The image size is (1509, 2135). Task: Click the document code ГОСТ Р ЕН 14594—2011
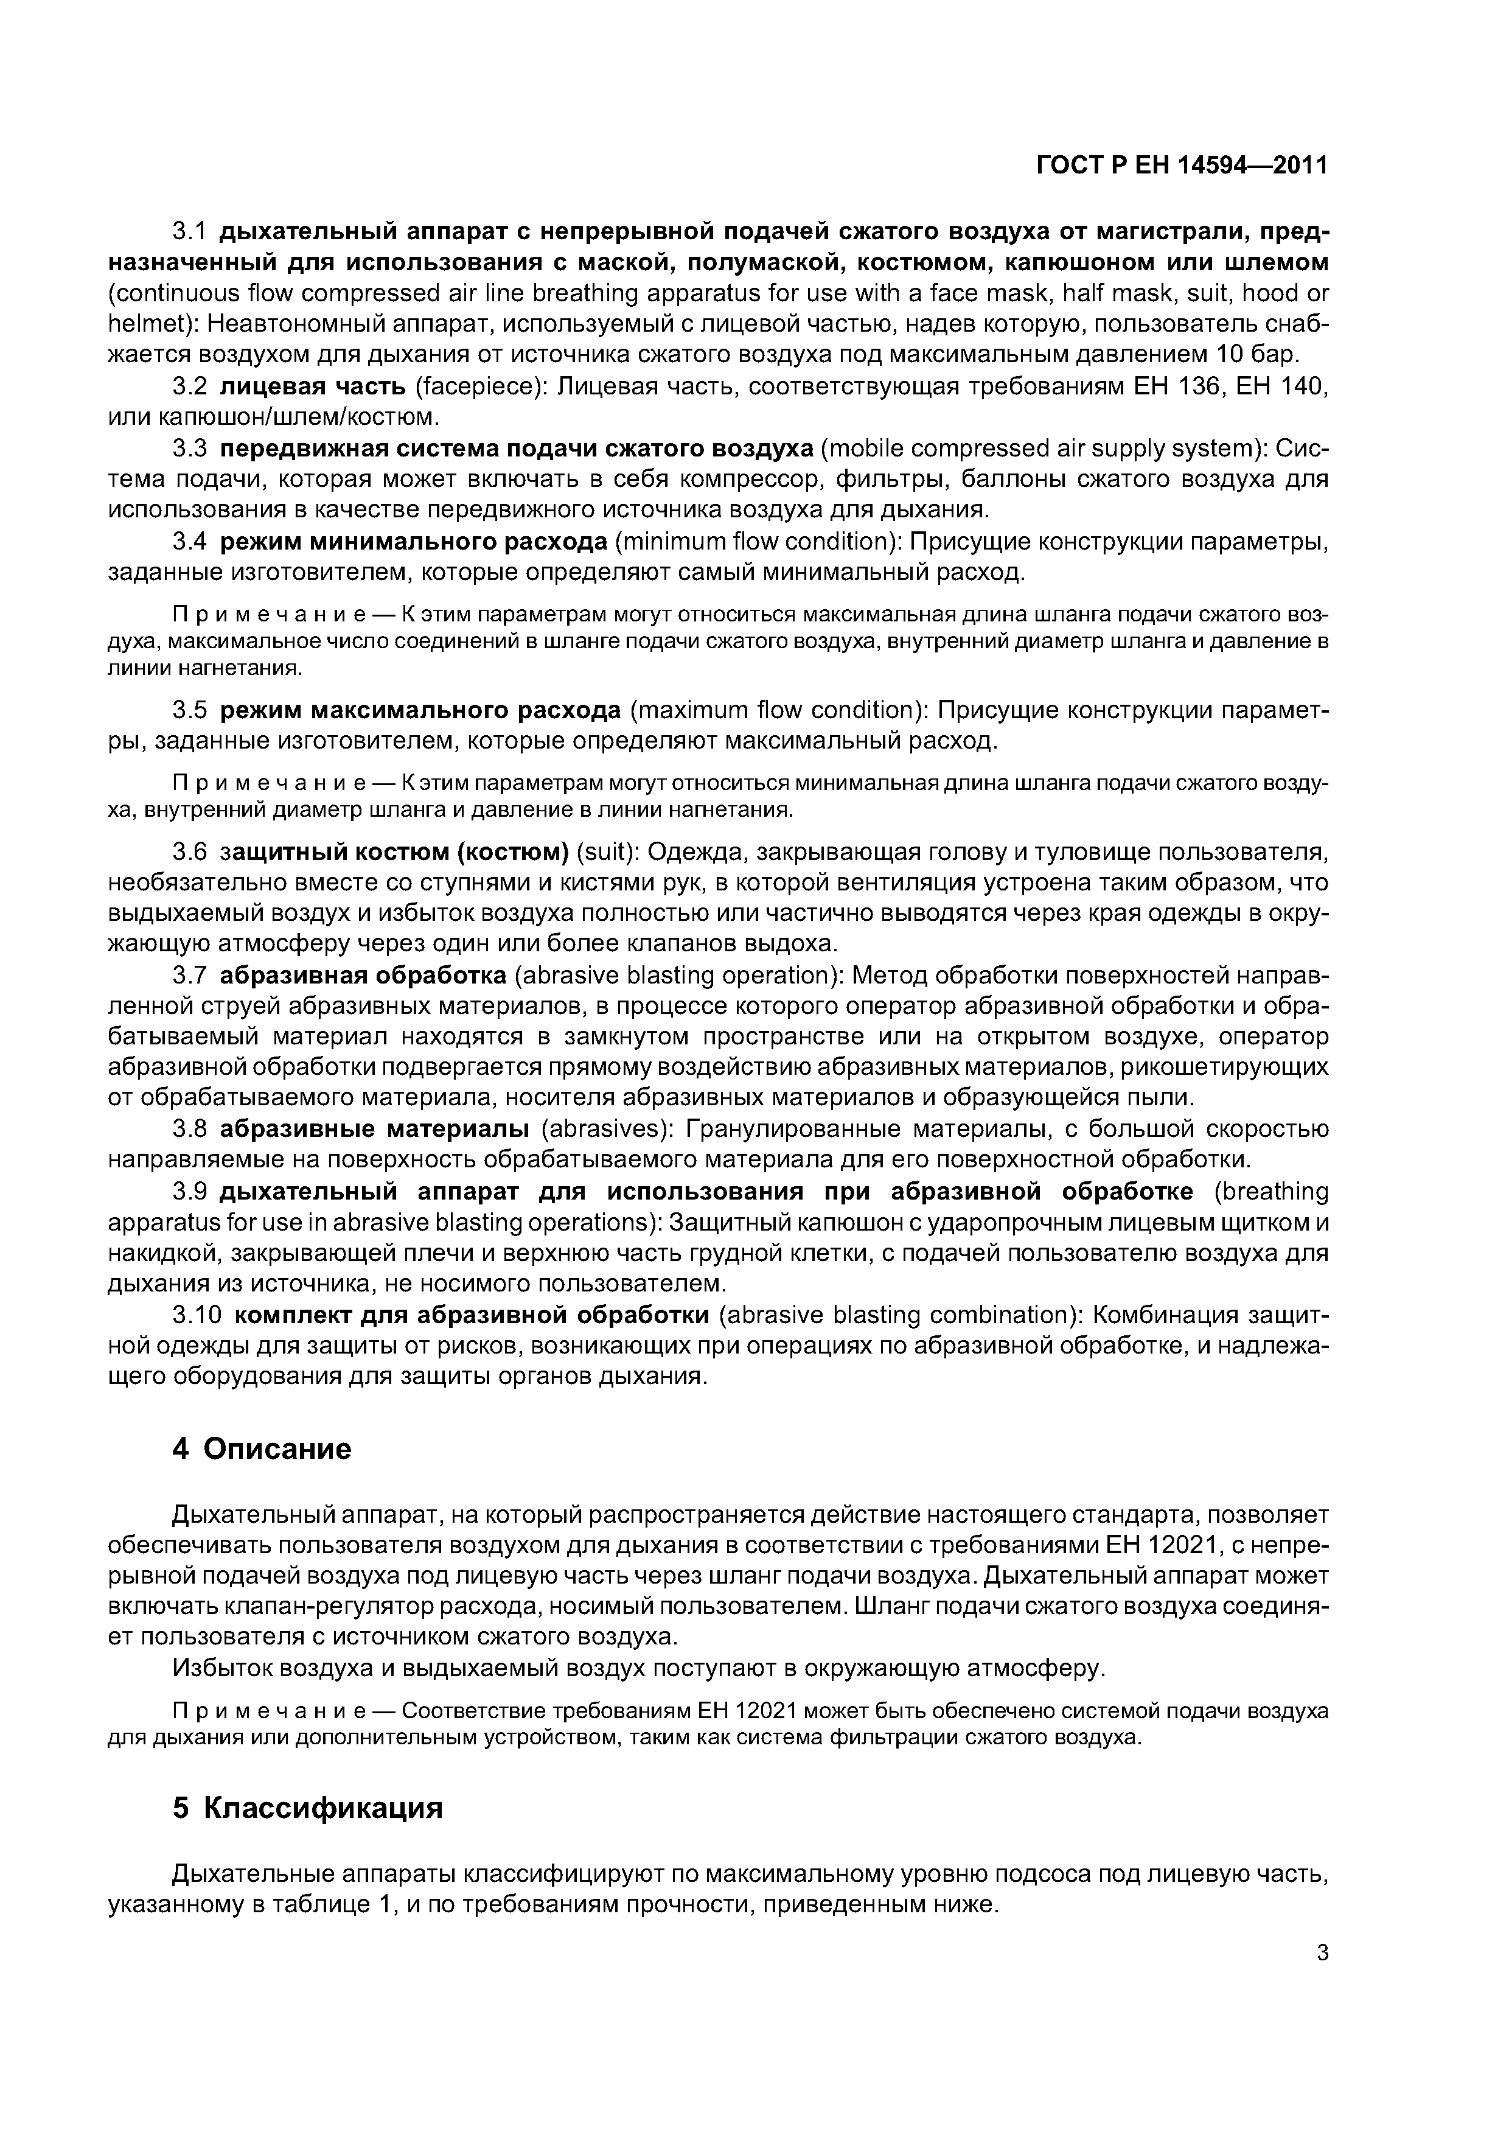pos(1182,166)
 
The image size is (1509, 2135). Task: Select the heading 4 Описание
pos(262,1448)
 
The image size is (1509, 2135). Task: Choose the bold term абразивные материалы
pos(375,1129)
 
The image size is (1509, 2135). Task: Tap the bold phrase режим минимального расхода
pos(414,541)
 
